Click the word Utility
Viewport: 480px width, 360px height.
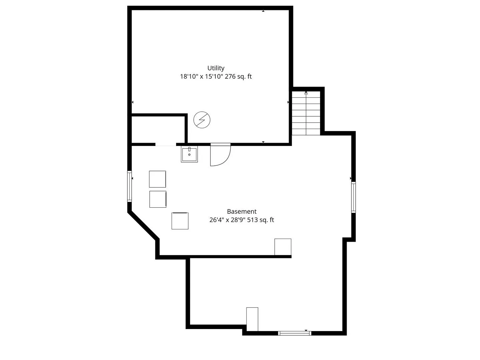(216, 68)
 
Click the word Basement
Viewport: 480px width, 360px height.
(242, 212)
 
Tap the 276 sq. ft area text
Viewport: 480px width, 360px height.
(238, 77)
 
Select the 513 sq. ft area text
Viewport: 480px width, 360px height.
(260, 220)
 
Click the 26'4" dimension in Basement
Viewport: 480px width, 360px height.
(216, 220)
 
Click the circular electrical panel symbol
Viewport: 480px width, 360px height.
(202, 120)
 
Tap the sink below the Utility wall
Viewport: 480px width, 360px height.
(189, 154)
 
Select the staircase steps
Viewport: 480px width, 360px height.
(306, 113)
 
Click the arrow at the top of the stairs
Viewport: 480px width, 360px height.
(306, 93)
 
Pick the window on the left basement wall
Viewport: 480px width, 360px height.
(129, 186)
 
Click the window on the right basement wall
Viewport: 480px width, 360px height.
(353, 197)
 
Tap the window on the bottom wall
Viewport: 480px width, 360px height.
(295, 333)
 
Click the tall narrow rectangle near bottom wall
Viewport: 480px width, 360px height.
(252, 319)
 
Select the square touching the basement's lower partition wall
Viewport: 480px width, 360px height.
(283, 247)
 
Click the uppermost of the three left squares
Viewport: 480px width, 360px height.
(157, 179)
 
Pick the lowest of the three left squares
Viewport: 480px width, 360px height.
(180, 221)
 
